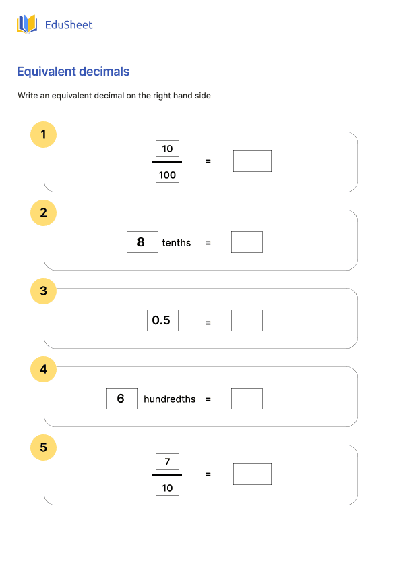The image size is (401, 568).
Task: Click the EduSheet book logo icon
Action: (27, 25)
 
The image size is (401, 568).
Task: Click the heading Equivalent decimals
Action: (73, 72)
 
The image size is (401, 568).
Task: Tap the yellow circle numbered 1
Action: (44, 134)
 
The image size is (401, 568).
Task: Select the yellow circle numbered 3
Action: (44, 291)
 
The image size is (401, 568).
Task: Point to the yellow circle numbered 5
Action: (44, 447)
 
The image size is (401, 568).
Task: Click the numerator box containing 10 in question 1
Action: (167, 148)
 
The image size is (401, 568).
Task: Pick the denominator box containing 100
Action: (167, 175)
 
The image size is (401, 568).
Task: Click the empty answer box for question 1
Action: (252, 161)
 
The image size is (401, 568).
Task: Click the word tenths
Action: (177, 243)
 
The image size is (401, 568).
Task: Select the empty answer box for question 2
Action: (247, 242)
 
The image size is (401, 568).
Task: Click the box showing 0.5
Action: (162, 320)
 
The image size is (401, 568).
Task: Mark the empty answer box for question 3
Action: (247, 320)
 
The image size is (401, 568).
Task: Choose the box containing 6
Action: (122, 399)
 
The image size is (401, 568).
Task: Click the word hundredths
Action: (169, 399)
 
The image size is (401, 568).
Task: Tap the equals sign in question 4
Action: (208, 399)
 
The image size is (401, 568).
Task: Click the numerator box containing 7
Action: (167, 461)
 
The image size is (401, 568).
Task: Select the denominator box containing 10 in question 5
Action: (167, 488)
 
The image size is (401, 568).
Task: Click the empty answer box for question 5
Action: (252, 474)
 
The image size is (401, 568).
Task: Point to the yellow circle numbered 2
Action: (44, 212)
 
